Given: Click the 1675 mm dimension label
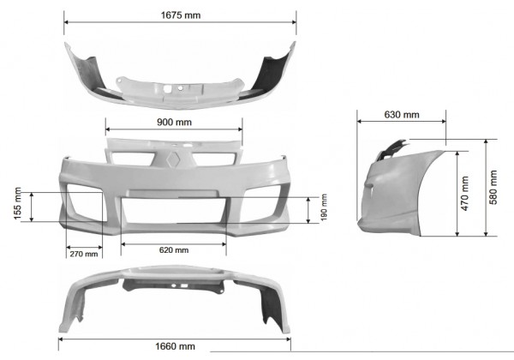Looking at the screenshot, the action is (x=181, y=15).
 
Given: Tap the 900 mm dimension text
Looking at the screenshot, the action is (x=174, y=123).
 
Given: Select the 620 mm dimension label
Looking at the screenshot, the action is (x=174, y=250).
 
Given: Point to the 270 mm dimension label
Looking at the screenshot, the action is (x=84, y=254).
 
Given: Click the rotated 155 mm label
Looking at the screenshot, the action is (x=17, y=203).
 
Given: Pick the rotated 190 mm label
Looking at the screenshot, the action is (x=324, y=207).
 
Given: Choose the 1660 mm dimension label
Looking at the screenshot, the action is (x=175, y=346).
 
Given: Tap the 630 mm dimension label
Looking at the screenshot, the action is (x=402, y=115).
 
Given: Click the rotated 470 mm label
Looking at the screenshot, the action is (x=465, y=194).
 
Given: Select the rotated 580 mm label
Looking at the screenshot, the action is (x=493, y=187).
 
